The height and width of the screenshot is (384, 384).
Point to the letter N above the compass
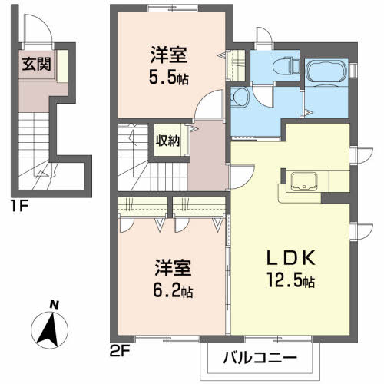tap(54, 306)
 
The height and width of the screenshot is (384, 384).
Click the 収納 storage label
tap(170, 141)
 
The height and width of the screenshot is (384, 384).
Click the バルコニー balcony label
tap(260, 357)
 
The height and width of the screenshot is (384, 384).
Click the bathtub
tap(326, 74)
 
